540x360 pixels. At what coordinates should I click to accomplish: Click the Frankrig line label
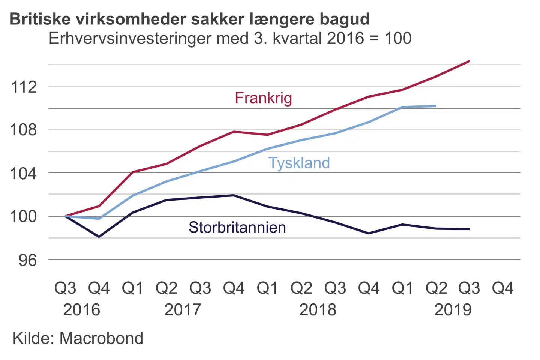[263, 98]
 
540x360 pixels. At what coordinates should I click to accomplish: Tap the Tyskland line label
[299, 163]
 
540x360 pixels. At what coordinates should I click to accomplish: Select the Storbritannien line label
[237, 228]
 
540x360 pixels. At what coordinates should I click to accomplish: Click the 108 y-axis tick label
[24, 130]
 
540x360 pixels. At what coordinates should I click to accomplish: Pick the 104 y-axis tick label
[24, 173]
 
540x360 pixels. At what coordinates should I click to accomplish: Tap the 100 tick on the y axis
[24, 216]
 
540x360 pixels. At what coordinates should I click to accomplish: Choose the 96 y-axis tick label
[28, 260]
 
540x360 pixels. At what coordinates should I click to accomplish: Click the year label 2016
[81, 310]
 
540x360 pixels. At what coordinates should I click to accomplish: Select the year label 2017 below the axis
[183, 310]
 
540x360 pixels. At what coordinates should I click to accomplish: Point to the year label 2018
[318, 310]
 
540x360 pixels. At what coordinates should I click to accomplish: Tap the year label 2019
[453, 310]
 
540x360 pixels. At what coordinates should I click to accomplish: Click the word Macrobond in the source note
[101, 338]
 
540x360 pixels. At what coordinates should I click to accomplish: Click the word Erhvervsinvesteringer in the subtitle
[126, 39]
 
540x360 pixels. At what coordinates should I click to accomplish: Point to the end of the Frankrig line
[469, 61]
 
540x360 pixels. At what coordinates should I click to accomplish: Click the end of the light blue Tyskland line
[435, 106]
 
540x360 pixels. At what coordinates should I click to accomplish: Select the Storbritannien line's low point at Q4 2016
[99, 237]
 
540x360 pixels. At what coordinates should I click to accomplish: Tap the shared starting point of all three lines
[66, 216]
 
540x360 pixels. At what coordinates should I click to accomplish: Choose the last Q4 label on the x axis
[502, 288]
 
